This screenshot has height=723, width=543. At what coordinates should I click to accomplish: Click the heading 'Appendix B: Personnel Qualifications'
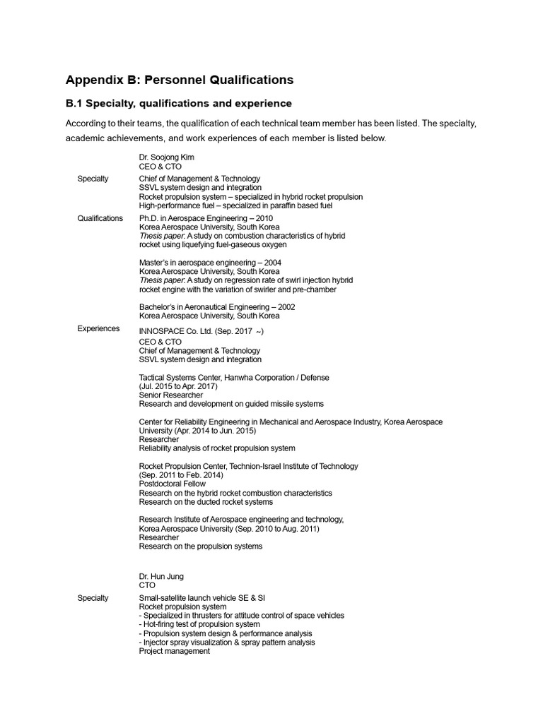[x=180, y=80]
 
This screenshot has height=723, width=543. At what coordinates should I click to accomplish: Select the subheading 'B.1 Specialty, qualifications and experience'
[x=179, y=104]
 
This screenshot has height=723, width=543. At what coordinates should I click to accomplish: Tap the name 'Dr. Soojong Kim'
[x=167, y=157]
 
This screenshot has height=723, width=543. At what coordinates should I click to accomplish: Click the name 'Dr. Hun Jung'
[x=160, y=576]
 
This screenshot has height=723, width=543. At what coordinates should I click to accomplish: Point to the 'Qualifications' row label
[x=100, y=219]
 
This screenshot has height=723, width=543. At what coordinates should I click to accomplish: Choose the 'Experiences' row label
[x=98, y=329]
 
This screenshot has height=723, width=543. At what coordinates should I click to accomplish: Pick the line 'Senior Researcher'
[x=171, y=395]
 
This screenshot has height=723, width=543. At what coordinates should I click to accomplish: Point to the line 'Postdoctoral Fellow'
[x=173, y=484]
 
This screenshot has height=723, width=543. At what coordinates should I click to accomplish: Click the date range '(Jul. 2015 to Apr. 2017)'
[x=178, y=387]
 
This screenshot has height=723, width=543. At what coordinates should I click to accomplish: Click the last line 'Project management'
[x=175, y=652]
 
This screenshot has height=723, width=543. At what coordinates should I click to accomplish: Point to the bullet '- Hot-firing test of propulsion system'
[x=199, y=625]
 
